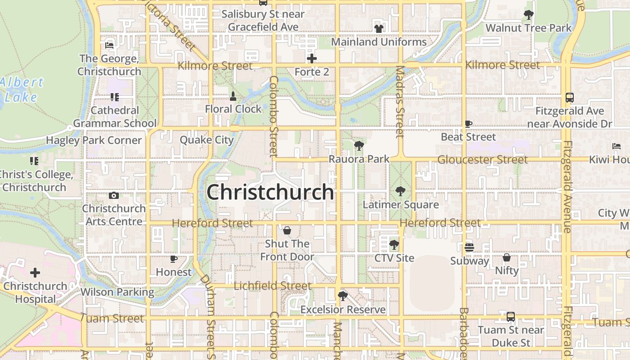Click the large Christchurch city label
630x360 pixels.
pos(270,192)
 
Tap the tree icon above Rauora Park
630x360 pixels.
pos(359,145)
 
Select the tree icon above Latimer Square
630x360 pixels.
pos(400,191)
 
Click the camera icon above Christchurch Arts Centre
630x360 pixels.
pos(114,195)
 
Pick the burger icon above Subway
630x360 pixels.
pos(469,247)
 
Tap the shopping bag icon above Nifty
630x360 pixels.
pos(507,257)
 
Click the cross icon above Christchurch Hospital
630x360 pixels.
pos(35,272)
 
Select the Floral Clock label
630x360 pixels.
pos(233,109)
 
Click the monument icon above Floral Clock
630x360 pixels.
pos(233,96)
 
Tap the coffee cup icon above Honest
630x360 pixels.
pos(174,259)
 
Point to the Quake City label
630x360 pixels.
pos(207,140)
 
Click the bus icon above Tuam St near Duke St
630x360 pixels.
pos(511,317)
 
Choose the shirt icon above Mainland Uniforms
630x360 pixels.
pos(378,29)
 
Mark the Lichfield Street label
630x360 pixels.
pos(272,286)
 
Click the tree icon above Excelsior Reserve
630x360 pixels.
pos(342,296)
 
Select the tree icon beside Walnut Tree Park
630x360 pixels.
pos(529,15)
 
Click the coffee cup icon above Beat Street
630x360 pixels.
pos(468,123)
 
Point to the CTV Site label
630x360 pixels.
pos(394,258)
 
